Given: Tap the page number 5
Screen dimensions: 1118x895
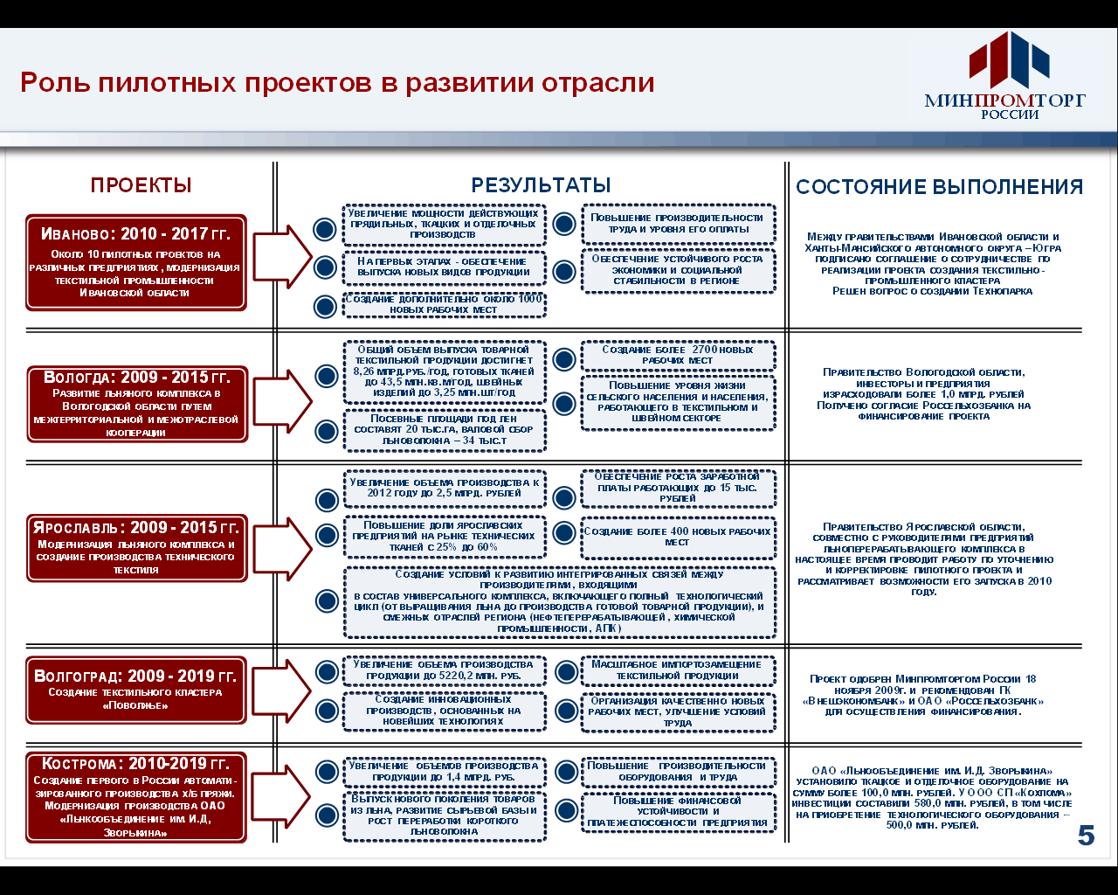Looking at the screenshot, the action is (x=1086, y=836).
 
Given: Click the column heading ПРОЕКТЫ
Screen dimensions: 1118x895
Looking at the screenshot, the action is (x=141, y=185).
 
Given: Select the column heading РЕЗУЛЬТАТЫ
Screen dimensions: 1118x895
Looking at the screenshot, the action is (x=541, y=185).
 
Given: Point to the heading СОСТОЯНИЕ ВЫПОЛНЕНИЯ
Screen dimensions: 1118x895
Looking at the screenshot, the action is (x=939, y=187).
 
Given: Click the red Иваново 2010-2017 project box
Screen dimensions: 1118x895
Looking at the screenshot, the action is (x=135, y=262).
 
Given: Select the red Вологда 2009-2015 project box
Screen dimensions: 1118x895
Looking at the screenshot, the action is (x=136, y=403).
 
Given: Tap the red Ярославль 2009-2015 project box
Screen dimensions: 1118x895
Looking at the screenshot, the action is (x=135, y=548).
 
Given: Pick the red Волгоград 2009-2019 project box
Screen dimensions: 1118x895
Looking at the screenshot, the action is (x=135, y=690).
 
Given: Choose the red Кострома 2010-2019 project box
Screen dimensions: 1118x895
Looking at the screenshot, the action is (x=135, y=796).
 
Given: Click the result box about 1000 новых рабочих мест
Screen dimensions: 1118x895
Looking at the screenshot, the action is (x=444, y=304).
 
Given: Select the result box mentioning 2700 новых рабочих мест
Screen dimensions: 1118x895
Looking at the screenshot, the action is (x=678, y=355).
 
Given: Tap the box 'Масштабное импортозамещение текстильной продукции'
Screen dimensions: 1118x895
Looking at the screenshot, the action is (x=678, y=670).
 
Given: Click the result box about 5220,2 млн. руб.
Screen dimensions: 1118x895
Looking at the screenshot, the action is (x=444, y=670).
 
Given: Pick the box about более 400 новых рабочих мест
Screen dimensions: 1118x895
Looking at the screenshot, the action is (x=678, y=537).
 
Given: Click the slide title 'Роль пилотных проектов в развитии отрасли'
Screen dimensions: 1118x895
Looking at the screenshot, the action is (x=337, y=82).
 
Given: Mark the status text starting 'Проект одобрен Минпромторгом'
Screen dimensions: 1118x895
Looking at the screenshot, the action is (x=923, y=695).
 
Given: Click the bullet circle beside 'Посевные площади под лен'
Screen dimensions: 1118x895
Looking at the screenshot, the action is (x=327, y=431).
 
